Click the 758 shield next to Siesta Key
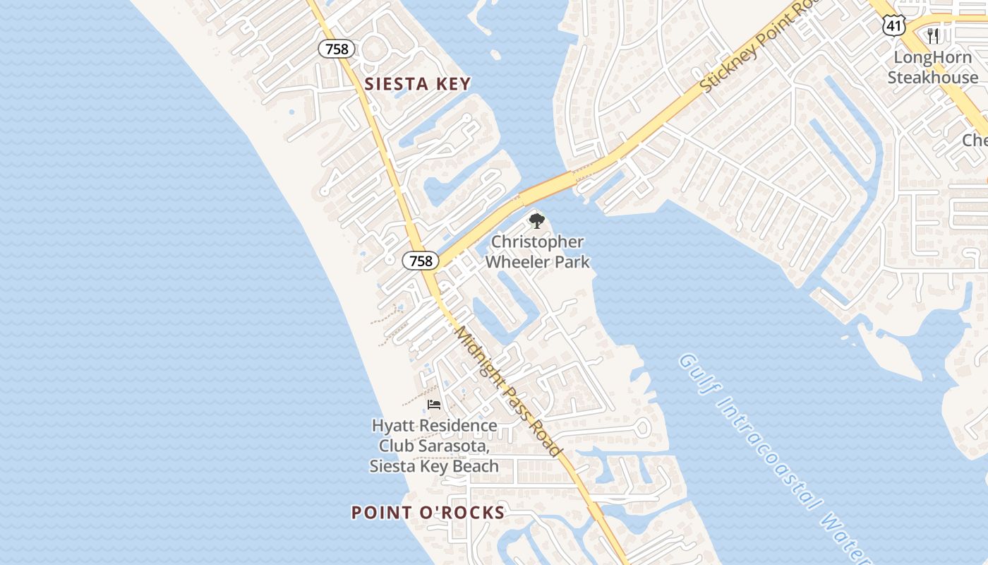tap(337, 49)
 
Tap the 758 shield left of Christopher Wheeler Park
tap(421, 261)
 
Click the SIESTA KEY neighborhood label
tap(417, 84)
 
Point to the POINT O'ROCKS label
tap(428, 513)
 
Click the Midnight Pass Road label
tap(507, 391)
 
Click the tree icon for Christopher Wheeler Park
tap(537, 220)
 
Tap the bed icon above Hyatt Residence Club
tap(434, 405)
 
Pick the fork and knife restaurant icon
tap(933, 35)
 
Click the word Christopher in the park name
tap(538, 242)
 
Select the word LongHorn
tap(933, 57)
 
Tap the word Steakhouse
tap(933, 77)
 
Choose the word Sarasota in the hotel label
tap(458, 446)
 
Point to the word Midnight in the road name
tap(480, 357)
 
